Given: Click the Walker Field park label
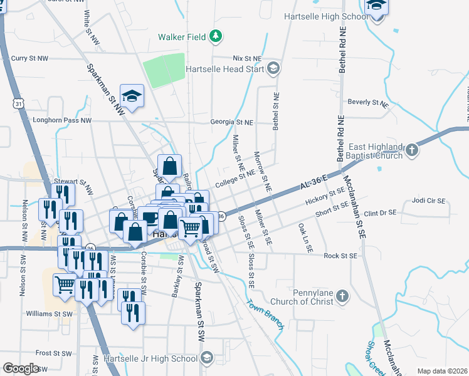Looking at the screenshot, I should pyautogui.click(x=182, y=37).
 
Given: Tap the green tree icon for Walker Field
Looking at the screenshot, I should pyautogui.click(x=216, y=36).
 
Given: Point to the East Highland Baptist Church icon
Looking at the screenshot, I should pyautogui.click(x=411, y=150).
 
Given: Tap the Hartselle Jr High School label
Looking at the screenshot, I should pyautogui.click(x=154, y=358).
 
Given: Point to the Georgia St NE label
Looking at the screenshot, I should pyautogui.click(x=232, y=123).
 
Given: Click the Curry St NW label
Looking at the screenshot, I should pyautogui.click(x=30, y=58).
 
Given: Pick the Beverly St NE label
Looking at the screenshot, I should pyautogui.click(x=368, y=102).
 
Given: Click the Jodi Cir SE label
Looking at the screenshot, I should pyautogui.click(x=428, y=201).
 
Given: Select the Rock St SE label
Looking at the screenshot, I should pyautogui.click(x=340, y=256).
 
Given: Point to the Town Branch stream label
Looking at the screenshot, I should pyautogui.click(x=265, y=315).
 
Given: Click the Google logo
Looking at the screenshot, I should pyautogui.click(x=21, y=368).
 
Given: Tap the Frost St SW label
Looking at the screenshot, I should pyautogui.click(x=52, y=353).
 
